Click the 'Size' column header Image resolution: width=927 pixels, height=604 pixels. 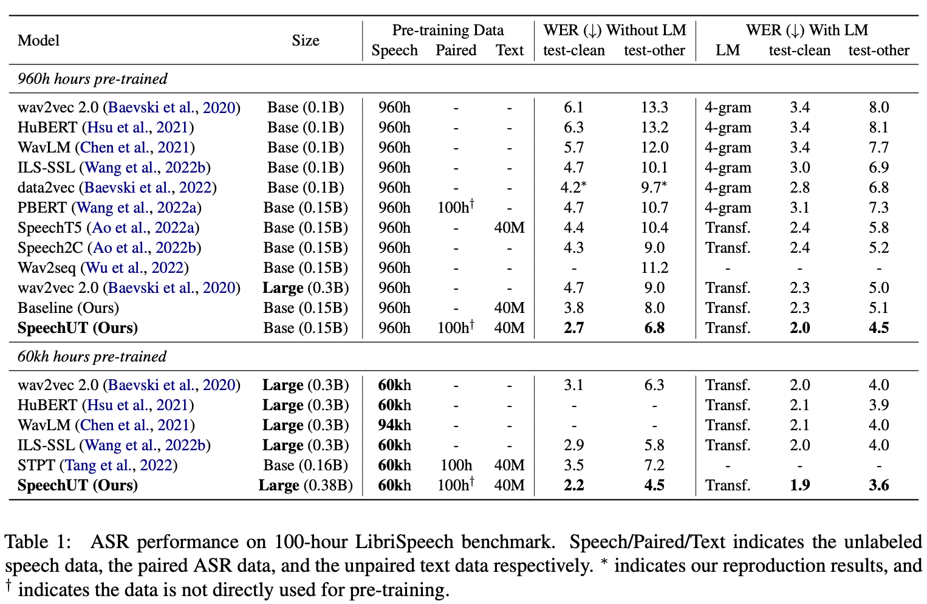[305, 41]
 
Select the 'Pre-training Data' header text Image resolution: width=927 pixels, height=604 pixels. [448, 30]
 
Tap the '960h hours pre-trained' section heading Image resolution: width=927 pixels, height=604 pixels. [92, 79]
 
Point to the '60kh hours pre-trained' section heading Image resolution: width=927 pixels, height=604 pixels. [92, 357]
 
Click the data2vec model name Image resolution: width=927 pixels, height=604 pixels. [46, 188]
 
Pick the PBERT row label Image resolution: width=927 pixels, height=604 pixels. [42, 208]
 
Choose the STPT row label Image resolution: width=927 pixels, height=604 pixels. [37, 465]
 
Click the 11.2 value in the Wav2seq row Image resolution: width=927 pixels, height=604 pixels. [654, 268]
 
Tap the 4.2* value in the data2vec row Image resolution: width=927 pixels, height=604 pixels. [573, 188]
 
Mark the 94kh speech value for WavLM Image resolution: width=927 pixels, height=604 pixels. [394, 425]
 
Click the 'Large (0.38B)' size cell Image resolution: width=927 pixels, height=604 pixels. [306, 486]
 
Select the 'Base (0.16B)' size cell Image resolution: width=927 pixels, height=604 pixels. [306, 465]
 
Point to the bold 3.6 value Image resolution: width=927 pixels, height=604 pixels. [878, 486]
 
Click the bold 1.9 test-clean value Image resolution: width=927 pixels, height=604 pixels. [799, 486]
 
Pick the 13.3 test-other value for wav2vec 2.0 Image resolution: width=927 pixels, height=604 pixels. [654, 108]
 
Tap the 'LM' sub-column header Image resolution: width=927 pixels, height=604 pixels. [727, 50]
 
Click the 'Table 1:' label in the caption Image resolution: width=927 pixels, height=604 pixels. [38, 542]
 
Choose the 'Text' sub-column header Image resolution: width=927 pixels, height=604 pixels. [509, 50]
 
